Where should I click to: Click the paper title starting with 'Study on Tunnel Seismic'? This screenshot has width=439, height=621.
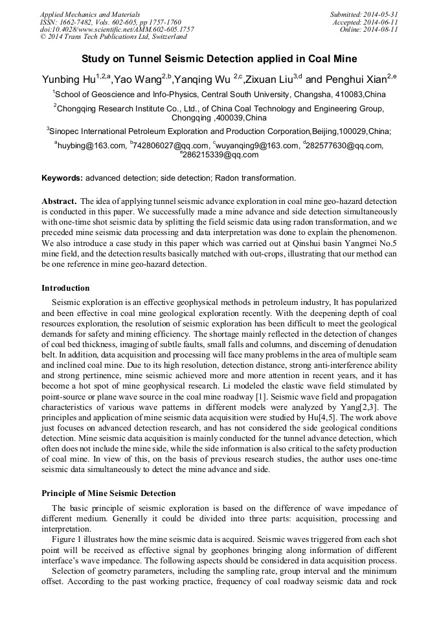click(219, 59)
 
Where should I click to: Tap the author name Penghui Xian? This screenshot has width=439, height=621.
click(355, 80)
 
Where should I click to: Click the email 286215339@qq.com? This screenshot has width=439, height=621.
click(220, 155)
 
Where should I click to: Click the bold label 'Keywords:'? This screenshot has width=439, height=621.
click(62, 178)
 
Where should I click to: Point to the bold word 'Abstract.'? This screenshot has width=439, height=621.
click(60, 201)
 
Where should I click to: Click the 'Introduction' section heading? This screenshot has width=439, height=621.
click(65, 288)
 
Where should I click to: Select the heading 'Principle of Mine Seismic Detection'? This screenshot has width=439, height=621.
click(108, 493)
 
